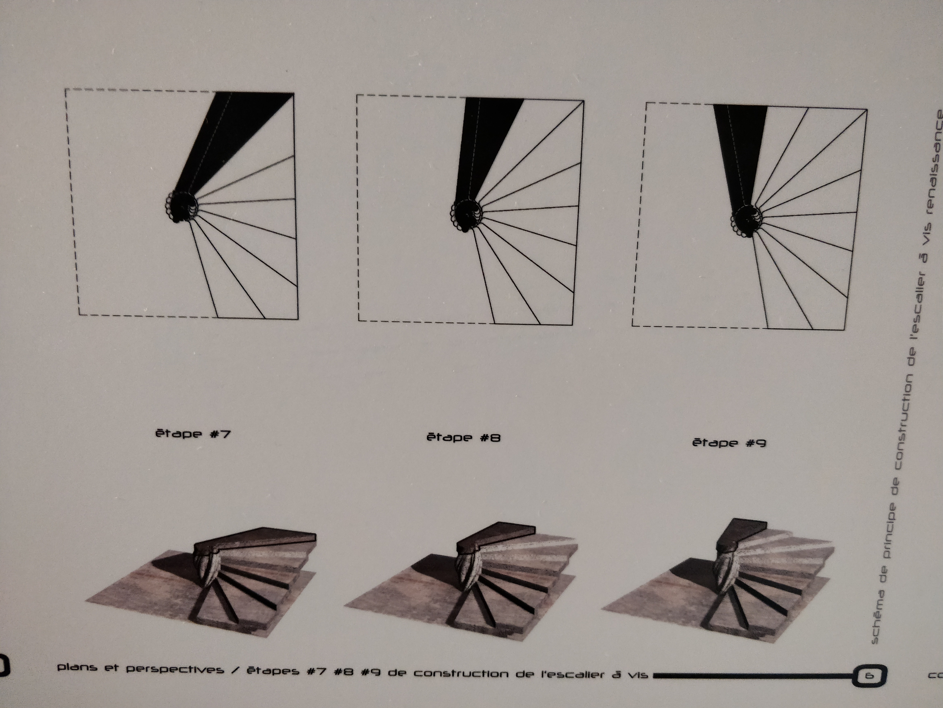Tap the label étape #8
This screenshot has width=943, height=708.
pyautogui.click(x=463, y=438)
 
